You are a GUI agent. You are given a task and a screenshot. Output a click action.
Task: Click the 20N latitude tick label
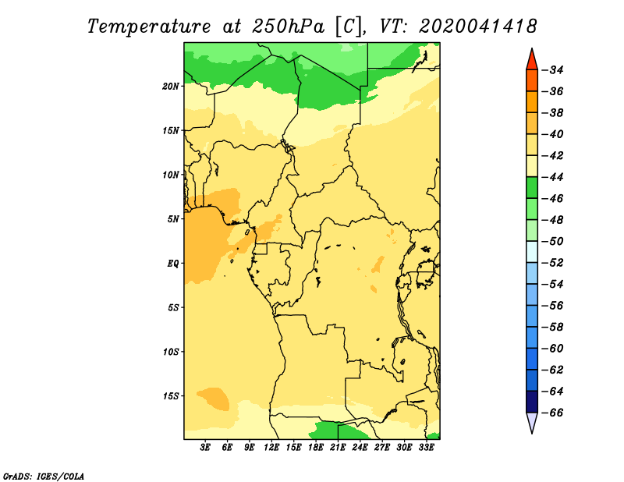[x=171, y=87]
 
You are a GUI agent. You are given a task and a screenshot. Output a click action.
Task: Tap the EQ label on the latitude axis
[x=173, y=264]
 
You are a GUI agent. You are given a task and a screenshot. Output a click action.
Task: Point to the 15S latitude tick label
[x=171, y=396]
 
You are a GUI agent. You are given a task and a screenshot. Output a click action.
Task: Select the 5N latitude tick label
[x=173, y=219]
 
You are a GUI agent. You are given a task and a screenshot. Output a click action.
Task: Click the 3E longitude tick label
[x=205, y=447]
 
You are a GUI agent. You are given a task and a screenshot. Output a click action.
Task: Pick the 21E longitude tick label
[x=338, y=447]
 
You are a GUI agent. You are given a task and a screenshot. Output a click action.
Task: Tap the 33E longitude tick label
[x=426, y=447]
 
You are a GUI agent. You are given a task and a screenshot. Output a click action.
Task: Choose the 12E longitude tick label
[x=271, y=447]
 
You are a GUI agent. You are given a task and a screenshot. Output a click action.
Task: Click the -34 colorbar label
[x=554, y=70]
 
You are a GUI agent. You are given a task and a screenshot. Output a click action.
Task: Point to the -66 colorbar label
[x=554, y=413]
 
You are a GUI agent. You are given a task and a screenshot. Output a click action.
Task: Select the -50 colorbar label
[x=554, y=242]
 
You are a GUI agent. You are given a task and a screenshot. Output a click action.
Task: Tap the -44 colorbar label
[x=554, y=178]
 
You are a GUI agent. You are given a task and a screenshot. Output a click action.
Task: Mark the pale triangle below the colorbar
[x=532, y=421]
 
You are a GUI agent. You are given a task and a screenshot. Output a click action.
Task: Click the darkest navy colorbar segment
[x=532, y=402]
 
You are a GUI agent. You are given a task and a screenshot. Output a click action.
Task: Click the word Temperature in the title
[x=149, y=27]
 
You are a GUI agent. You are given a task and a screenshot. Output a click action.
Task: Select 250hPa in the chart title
[x=288, y=27]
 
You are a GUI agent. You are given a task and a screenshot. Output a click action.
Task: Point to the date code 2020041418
[x=478, y=27]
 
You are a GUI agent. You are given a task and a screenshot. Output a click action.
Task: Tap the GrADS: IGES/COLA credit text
[x=44, y=477]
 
